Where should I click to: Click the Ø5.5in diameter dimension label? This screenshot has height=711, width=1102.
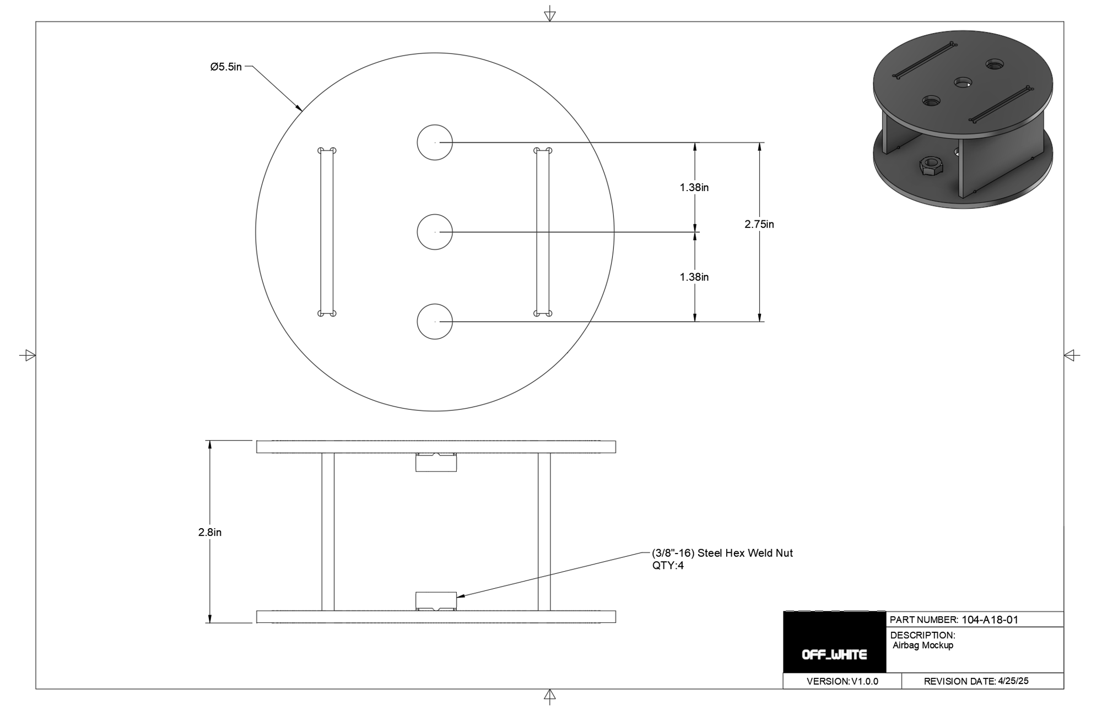tap(226, 67)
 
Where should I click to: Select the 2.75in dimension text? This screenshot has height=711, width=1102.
tap(759, 224)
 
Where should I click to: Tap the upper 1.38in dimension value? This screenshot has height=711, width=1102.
tap(694, 187)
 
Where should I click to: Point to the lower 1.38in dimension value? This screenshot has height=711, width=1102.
tap(694, 277)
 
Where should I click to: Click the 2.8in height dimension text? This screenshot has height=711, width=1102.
tap(210, 533)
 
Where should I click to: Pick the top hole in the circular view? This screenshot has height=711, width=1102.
tap(435, 143)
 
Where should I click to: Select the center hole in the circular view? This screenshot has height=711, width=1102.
tap(435, 232)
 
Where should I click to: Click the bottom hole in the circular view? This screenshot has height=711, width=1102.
tap(435, 322)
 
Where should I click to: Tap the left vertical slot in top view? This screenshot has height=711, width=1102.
tap(327, 232)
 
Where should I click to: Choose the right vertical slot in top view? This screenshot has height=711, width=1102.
tap(543, 232)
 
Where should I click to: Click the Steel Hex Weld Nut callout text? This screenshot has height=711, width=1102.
tap(722, 553)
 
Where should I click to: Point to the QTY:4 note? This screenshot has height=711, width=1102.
tap(668, 566)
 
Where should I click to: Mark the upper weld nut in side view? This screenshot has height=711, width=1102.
tap(436, 462)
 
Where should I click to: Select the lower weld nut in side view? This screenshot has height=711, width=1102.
tap(436, 601)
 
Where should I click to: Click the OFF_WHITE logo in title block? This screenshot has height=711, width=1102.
tap(834, 655)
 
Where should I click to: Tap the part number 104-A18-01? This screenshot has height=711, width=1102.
tap(990, 620)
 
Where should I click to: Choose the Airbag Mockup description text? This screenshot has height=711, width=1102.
tap(923, 645)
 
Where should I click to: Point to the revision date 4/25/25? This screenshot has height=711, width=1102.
tap(1013, 681)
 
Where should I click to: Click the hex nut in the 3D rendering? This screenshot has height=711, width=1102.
tap(931, 165)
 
